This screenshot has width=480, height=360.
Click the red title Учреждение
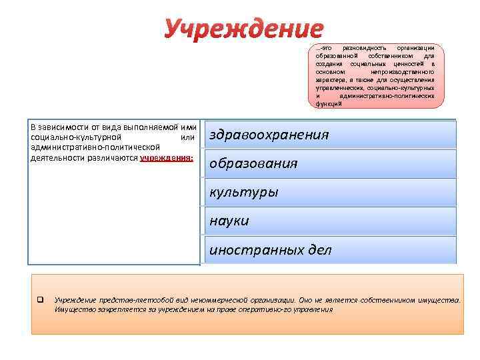243,28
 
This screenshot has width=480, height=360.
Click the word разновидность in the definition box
361,49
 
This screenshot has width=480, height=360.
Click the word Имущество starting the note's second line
72,309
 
